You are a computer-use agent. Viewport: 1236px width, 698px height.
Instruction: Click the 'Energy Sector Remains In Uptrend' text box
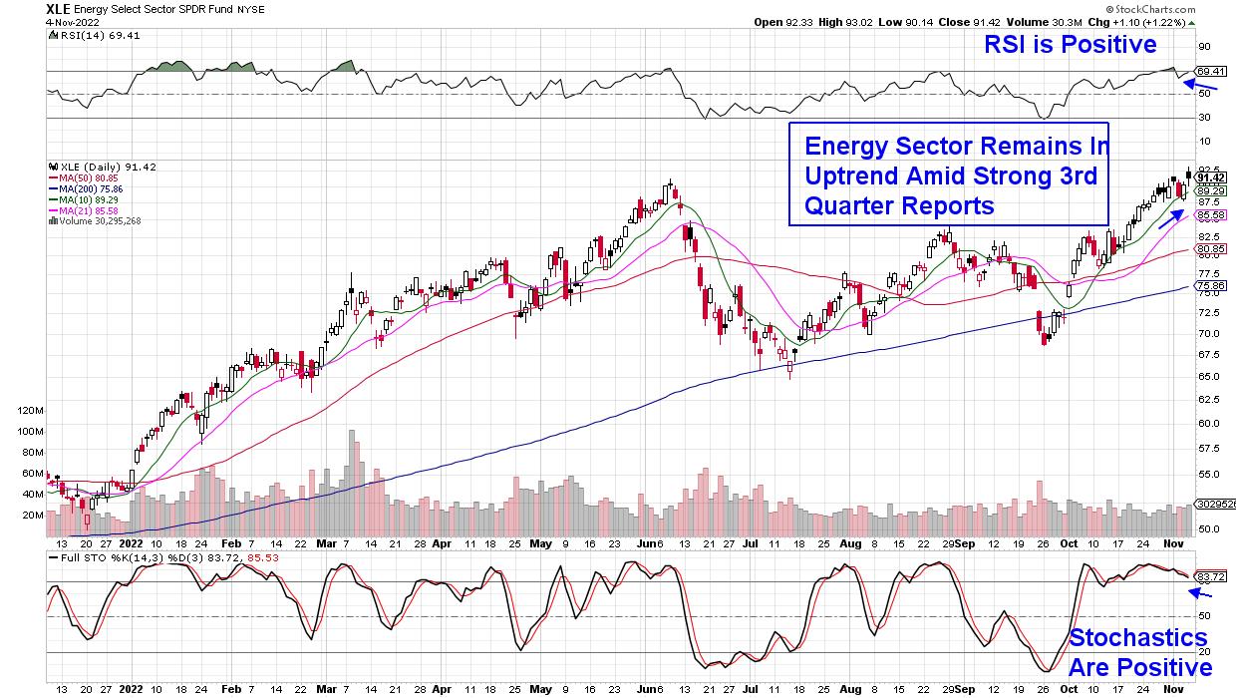[949, 174]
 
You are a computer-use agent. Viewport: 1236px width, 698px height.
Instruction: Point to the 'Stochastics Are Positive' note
[1138, 652]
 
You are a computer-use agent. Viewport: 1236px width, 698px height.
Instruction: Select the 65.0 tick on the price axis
[1209, 376]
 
